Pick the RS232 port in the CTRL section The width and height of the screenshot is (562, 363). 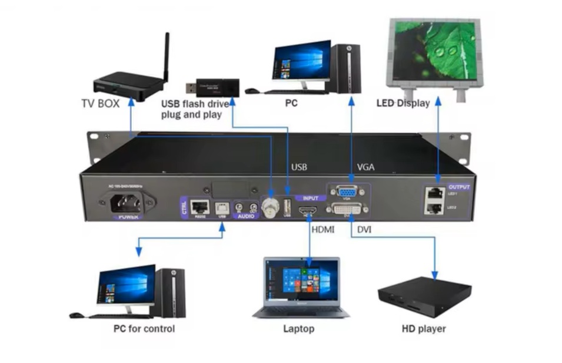coord(201,206)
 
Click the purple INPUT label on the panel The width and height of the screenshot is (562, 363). coord(310,198)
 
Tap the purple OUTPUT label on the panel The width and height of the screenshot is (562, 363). coord(459,186)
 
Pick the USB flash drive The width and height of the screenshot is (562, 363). coord(214,88)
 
